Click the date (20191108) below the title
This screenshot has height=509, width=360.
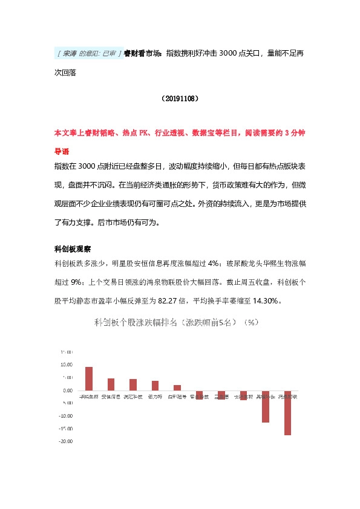(180, 97)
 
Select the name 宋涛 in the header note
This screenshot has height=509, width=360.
(70, 53)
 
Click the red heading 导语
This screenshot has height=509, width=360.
(62, 152)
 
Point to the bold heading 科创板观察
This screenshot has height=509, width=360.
(73, 248)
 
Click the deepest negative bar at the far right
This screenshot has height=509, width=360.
(287, 413)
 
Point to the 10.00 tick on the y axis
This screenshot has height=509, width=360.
(67, 365)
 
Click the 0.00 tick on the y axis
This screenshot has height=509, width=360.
(68, 391)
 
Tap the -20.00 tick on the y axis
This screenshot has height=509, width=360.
(65, 441)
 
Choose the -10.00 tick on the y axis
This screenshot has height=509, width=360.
(65, 416)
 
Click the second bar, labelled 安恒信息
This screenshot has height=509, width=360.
(111, 384)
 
